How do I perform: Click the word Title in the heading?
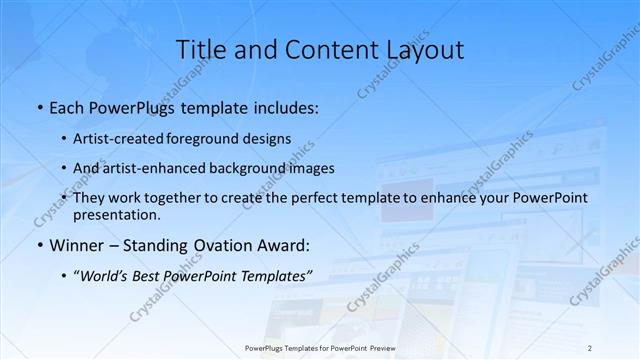pos(198,49)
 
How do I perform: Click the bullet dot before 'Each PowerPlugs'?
pos(37,106)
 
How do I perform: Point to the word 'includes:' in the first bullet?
pos(286,106)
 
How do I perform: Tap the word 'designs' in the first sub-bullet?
pos(268,138)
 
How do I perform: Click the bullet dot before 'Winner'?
pos(37,245)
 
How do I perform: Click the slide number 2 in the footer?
pos(589,348)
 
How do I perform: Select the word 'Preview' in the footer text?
pos(373,348)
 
